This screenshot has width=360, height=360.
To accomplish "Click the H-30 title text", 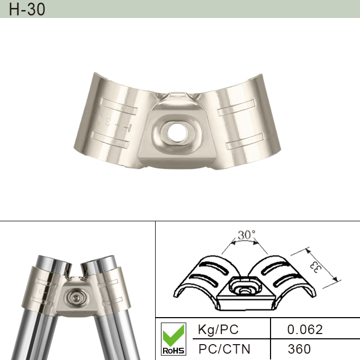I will [27, 9].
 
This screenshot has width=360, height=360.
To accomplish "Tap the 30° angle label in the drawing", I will [246, 235].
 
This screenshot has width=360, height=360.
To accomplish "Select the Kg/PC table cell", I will [218, 329].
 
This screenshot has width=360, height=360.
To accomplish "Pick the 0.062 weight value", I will [304, 329].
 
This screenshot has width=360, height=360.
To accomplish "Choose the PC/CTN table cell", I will [224, 349].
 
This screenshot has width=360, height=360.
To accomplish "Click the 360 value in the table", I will [299, 349].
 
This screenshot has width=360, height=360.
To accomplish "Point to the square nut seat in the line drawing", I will [245, 290].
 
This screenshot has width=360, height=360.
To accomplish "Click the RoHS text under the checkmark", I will [173, 350].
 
